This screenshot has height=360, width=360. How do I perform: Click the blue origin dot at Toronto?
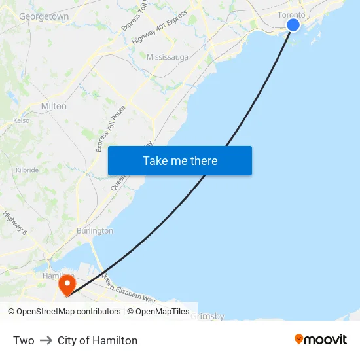pyautogui.click(x=293, y=25)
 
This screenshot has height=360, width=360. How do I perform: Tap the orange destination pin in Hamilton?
pyautogui.click(x=67, y=285)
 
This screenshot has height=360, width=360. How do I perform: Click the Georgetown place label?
pyautogui.click(x=44, y=16)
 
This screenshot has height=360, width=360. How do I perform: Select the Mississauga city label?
pyautogui.click(x=167, y=57)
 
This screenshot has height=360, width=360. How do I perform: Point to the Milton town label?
pyautogui.click(x=54, y=106)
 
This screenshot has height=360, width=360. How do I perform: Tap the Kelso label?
pyautogui.click(x=22, y=120)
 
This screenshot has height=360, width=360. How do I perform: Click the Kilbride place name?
pyautogui.click(x=27, y=170)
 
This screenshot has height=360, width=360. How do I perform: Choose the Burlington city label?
pyautogui.click(x=95, y=231)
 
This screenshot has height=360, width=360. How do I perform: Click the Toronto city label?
pyautogui.click(x=291, y=14)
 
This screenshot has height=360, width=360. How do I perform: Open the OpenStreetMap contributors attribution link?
pyautogui.click(x=69, y=312)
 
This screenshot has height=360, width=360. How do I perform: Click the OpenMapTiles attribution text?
pyautogui.click(x=163, y=312)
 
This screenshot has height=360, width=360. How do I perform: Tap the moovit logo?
pyautogui.click(x=321, y=339)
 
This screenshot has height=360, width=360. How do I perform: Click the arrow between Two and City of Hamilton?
pyautogui.click(x=46, y=340)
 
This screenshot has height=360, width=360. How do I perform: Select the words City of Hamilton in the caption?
pyautogui.click(x=98, y=340)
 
